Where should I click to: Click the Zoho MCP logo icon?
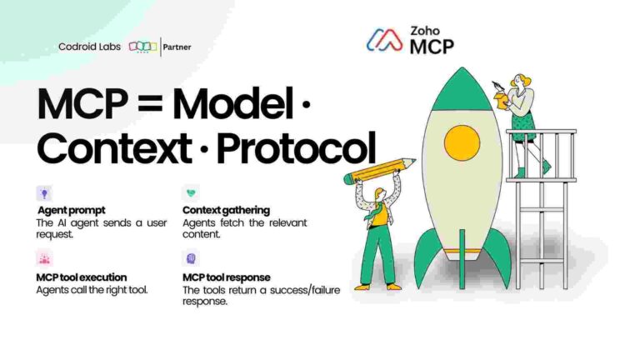click(x=386, y=40)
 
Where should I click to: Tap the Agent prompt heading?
click(x=71, y=211)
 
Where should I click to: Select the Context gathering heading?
click(x=226, y=211)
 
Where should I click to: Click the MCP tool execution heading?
click(x=80, y=277)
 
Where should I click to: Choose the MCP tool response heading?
click(x=226, y=277)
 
